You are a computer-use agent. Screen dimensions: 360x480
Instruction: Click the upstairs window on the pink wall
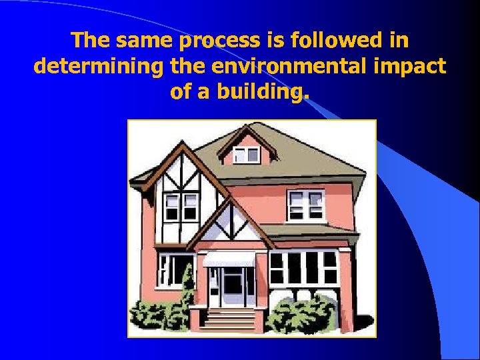click(305, 205)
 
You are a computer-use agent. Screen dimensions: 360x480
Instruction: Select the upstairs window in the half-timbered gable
click(181, 207)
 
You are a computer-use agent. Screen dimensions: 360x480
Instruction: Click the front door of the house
click(232, 286)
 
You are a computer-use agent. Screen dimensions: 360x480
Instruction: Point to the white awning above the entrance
click(229, 259)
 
